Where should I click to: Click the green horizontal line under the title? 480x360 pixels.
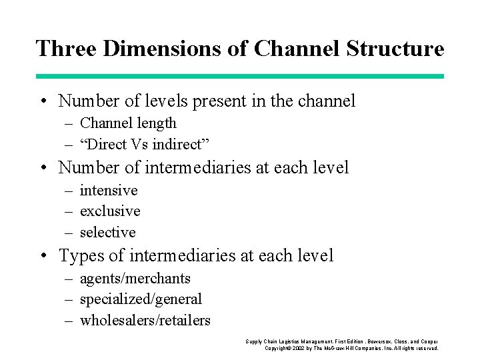click(x=240, y=77)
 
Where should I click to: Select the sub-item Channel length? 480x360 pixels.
click(x=128, y=123)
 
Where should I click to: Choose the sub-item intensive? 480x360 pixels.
click(x=109, y=191)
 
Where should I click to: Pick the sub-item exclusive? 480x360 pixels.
click(x=110, y=211)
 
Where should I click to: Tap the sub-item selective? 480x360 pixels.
click(x=107, y=233)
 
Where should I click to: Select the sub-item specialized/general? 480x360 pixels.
click(x=141, y=299)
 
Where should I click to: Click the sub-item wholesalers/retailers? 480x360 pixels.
click(x=145, y=321)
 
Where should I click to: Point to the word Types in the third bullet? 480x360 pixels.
click(x=81, y=255)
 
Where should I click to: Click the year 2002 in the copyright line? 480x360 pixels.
click(x=299, y=348)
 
